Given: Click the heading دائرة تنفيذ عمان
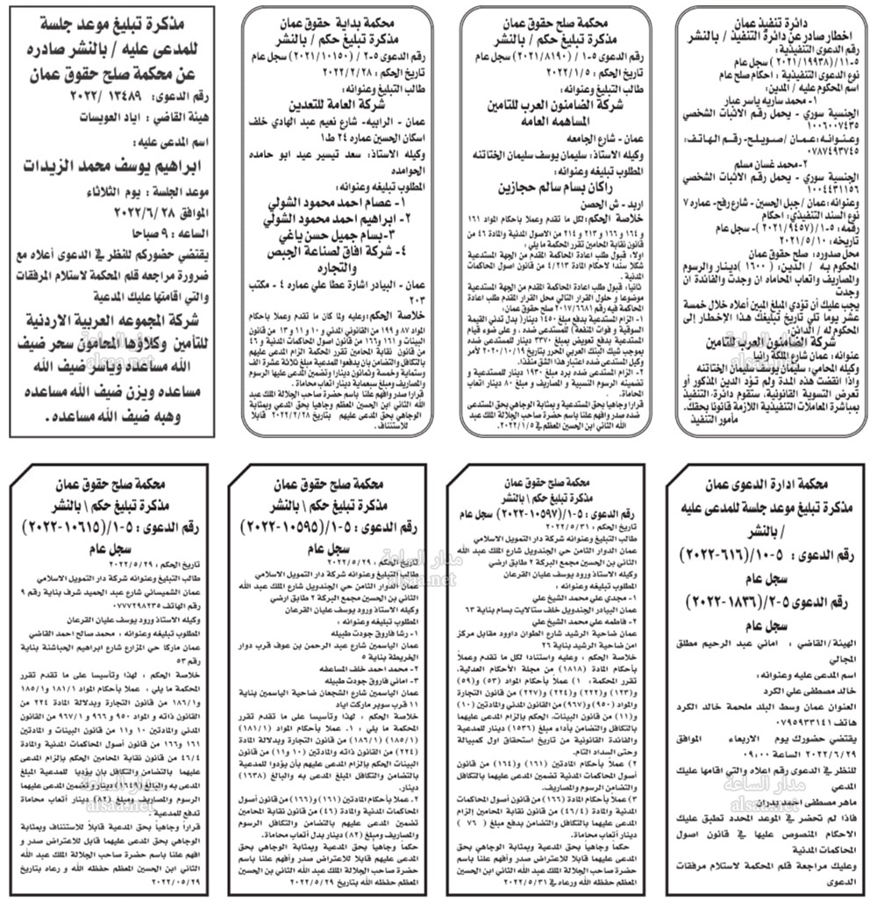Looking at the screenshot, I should click(769, 20).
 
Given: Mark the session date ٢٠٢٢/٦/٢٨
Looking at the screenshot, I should click(80, 214).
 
